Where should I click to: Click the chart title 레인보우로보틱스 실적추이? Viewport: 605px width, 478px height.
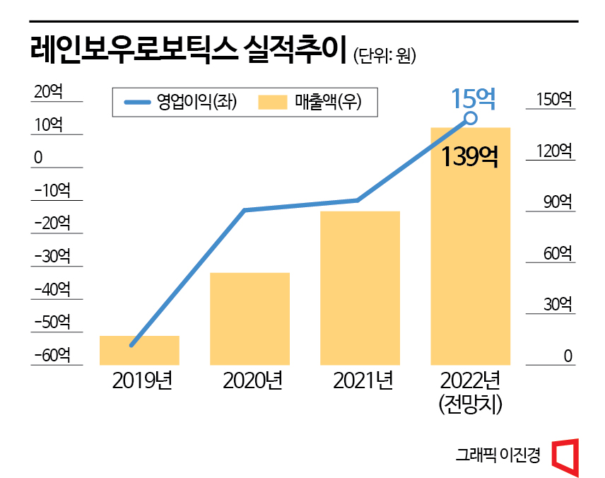point(187,51)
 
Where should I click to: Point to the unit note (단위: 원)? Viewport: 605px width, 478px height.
point(384,55)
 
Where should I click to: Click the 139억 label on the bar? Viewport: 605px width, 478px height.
point(470,156)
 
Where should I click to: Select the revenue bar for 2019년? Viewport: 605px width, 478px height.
point(139,350)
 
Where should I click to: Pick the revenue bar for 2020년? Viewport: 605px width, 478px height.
point(250,318)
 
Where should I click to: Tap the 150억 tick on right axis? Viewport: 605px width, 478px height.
point(553,100)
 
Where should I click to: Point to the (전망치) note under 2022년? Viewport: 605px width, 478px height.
point(470,404)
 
